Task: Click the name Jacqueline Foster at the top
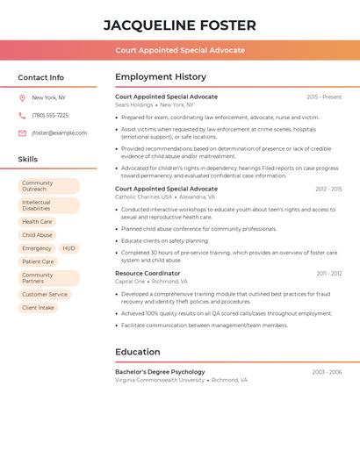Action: click(x=180, y=25)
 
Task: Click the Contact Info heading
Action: click(x=40, y=77)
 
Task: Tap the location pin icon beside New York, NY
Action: click(x=22, y=98)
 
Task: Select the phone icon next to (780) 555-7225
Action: click(x=22, y=116)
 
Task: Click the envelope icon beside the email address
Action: click(x=22, y=133)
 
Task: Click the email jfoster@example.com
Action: click(x=60, y=133)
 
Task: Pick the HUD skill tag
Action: click(x=68, y=248)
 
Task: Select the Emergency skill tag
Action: click(x=37, y=248)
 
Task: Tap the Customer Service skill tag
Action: click(x=45, y=295)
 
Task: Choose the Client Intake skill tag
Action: click(x=38, y=308)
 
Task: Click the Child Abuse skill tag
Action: click(x=38, y=235)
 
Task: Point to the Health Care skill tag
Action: click(x=38, y=222)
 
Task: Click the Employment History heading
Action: click(x=161, y=77)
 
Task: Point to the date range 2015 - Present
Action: click(x=324, y=97)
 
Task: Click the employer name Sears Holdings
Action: click(x=133, y=104)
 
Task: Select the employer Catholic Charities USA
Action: click(x=142, y=197)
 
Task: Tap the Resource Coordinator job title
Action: click(x=148, y=274)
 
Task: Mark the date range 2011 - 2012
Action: click(x=329, y=274)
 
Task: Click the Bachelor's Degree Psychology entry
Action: click(x=160, y=372)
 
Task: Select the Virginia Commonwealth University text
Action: click(x=160, y=381)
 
